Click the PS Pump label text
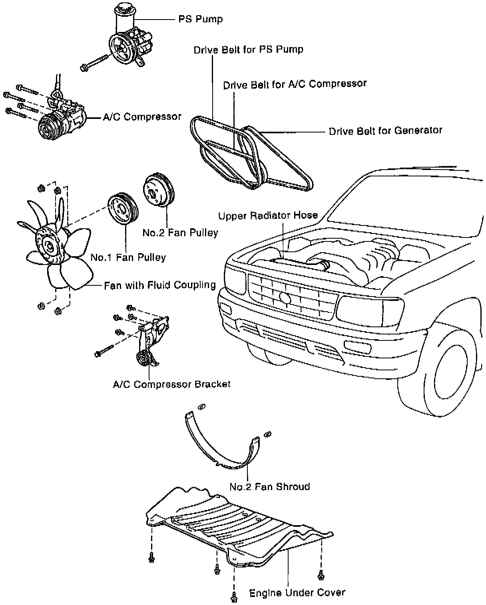click(x=200, y=19)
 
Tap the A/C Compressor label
click(x=142, y=117)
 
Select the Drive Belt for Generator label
click(x=385, y=131)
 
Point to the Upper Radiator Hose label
click(x=268, y=216)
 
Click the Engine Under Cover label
click(x=297, y=593)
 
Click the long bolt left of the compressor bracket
click(x=108, y=351)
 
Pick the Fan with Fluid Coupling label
click(x=159, y=285)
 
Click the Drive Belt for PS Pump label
click(x=248, y=49)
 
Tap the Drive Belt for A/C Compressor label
click(x=295, y=84)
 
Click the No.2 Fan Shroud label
click(x=269, y=487)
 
